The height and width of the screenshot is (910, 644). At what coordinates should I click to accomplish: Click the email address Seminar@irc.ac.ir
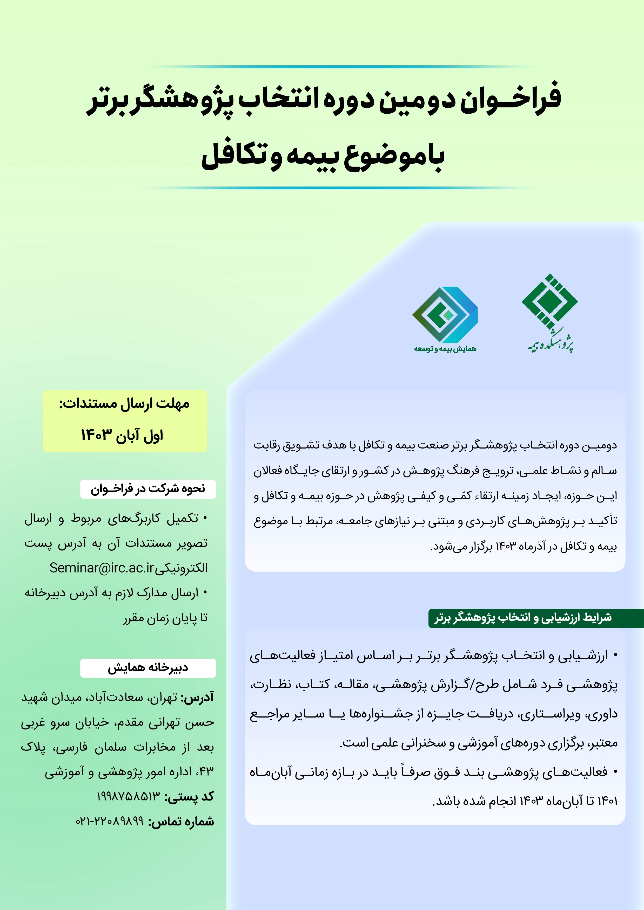(101, 568)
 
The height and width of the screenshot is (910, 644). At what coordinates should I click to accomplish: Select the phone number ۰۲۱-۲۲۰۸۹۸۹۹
(110, 821)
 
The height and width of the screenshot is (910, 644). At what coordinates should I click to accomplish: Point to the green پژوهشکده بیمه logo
(549, 313)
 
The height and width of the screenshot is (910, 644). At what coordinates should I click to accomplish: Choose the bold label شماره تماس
(181, 822)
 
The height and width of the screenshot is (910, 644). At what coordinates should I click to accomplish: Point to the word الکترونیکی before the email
(181, 568)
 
